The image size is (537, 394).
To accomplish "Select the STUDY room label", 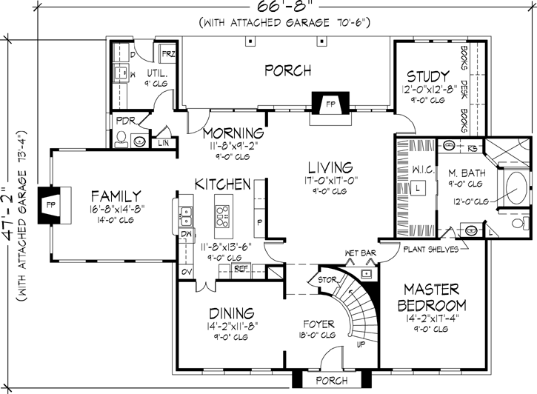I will pos(427,76).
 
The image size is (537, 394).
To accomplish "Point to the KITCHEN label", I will pos(222,183).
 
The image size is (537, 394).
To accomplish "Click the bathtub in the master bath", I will pos(514,189).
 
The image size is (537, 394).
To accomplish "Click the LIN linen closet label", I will pos(164,141).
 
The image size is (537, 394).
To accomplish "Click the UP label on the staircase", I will pos(361,346).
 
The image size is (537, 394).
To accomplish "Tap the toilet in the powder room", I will pos(122,137).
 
